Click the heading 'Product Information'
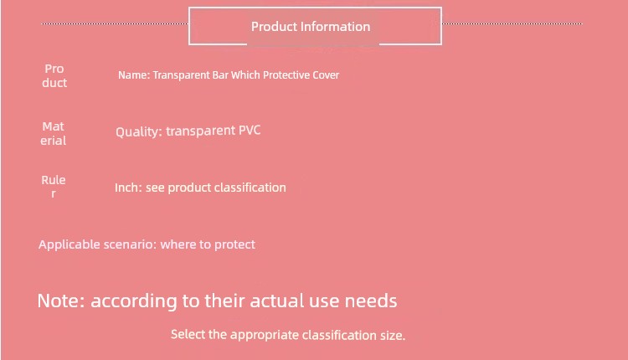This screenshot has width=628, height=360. point(311,27)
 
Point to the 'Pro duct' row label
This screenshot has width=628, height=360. point(54,75)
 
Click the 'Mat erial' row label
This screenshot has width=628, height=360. point(54,133)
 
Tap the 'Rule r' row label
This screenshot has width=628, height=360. point(54,187)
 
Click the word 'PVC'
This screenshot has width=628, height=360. point(250,130)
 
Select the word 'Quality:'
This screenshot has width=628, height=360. point(139,131)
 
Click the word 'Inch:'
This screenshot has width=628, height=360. point(129,188)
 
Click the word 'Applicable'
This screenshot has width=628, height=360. point(69,244)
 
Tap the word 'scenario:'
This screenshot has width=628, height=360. point(130,244)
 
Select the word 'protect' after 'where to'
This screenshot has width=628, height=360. point(234,244)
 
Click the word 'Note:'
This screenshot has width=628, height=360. point(61,301)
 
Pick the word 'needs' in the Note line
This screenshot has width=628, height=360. point(371,301)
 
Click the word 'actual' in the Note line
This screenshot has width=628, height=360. point(277,301)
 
